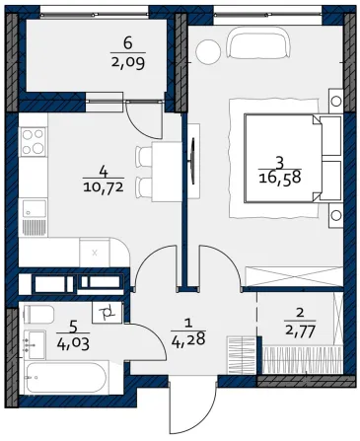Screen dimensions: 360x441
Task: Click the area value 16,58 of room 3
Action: pos(280,179)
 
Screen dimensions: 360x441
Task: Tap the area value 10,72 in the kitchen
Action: pos(104,187)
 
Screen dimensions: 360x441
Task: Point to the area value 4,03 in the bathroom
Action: pos(73,344)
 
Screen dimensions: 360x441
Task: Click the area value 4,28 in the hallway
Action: pos(188,338)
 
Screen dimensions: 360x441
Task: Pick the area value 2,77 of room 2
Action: pos(300,330)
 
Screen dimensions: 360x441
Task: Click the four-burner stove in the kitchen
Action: pos(33,142)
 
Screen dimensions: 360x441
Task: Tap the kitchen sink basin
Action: pos(35,208)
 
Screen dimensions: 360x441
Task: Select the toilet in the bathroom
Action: pos(38,315)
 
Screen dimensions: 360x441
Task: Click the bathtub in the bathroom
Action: pos(66,378)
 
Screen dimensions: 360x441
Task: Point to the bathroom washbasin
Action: pos(36,345)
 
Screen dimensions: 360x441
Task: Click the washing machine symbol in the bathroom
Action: pos(108,313)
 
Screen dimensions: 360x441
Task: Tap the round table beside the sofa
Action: pos(208,50)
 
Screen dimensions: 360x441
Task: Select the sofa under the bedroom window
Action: pos(259,42)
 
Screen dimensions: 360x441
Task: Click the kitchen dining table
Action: pos(167,172)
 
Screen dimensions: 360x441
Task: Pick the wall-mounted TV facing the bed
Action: pos(193,161)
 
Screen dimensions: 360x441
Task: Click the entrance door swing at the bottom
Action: pos(193,406)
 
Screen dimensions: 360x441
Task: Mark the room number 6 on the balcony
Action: pos(128,43)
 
